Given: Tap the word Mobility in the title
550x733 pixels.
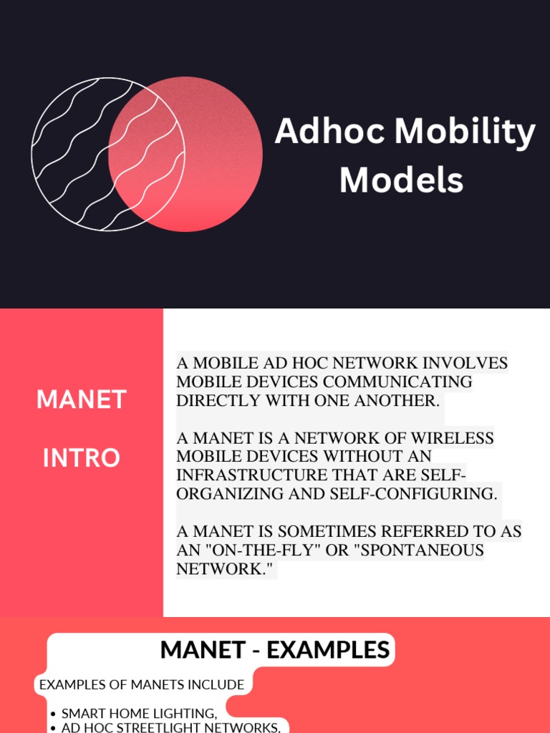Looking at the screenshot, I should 465,132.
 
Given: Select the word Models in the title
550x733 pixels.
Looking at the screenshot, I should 401,180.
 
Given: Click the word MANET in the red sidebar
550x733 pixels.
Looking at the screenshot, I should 81,399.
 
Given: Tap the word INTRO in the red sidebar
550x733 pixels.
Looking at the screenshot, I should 81,457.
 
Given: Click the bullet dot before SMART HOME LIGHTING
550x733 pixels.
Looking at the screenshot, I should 54,714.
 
